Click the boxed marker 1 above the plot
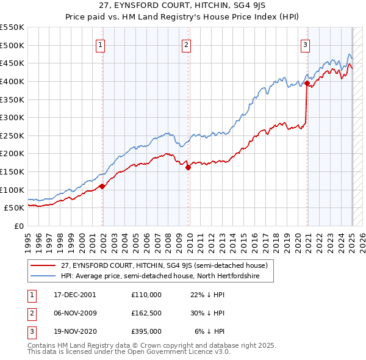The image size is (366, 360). pos(99,43)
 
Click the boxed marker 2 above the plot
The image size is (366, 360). pos(185,43)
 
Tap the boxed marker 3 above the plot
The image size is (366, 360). pos(304,43)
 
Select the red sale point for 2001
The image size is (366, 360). pos(102,186)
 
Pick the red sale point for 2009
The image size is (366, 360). pos(188,167)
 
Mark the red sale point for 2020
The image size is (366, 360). pos(307,83)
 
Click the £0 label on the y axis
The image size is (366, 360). pos(18,226)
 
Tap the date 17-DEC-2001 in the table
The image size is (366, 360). pos(74,295)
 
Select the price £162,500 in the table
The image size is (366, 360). pos(146,314)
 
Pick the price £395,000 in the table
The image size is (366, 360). pos(146,332)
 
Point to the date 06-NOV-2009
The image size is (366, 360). pos(74,314)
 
